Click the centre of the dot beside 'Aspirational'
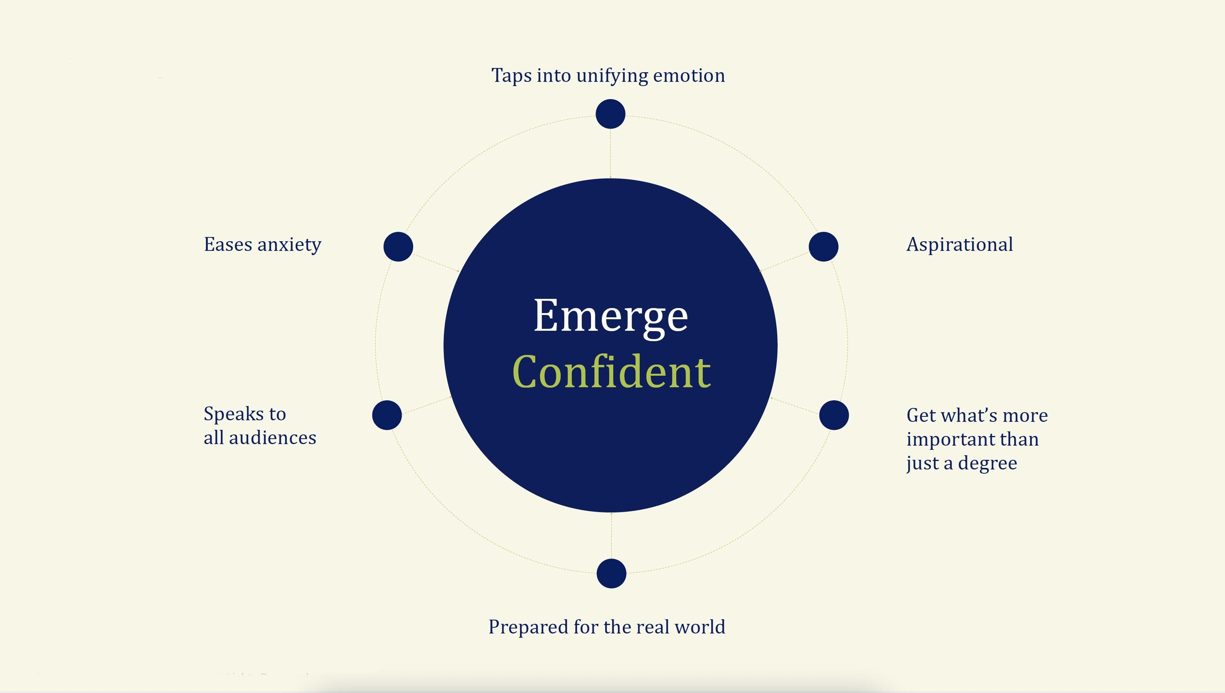coord(823,247)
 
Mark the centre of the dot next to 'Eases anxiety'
coord(398,247)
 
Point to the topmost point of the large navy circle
coord(610,179)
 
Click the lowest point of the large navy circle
coord(610,512)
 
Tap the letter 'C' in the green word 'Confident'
coord(526,372)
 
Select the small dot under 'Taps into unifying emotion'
coord(610,114)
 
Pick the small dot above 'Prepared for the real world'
coord(611,574)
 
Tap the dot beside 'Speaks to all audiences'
coord(387,415)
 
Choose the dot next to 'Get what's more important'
coord(834,415)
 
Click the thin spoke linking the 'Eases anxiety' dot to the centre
coord(436,263)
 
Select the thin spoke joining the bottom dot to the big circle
coord(611,535)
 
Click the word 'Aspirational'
coord(960,245)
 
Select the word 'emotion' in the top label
coord(689,76)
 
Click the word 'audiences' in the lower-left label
coord(273,438)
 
